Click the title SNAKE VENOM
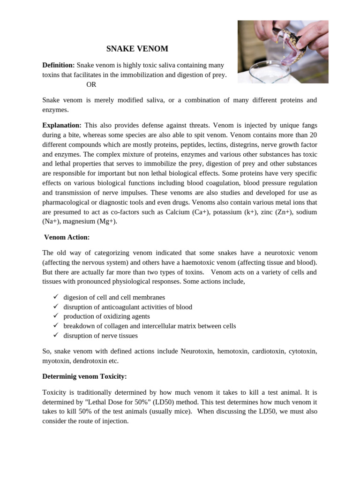[137, 49]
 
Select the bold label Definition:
[59, 65]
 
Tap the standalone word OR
[91, 85]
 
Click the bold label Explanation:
[62, 125]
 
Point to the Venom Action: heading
[67, 238]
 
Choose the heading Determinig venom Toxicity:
[85, 376]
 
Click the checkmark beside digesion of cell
[55, 297]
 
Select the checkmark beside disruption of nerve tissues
[55, 336]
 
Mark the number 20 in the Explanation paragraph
[313, 135]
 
